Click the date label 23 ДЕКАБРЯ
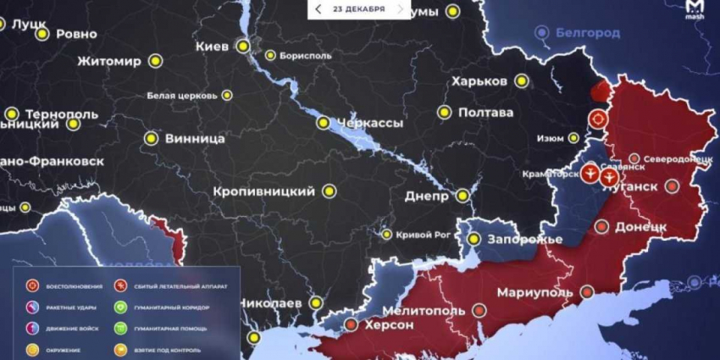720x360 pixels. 359,9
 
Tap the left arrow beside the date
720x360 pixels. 318,9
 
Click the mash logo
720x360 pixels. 695,11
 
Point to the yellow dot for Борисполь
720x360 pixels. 270,56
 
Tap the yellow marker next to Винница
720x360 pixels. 151,137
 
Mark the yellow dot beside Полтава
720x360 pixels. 444,112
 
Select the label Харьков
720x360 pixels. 479,81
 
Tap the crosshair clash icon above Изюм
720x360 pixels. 599,119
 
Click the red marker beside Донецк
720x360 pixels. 601,226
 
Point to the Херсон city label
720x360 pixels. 389,324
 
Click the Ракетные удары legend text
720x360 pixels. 69,307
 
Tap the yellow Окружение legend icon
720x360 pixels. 32,349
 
